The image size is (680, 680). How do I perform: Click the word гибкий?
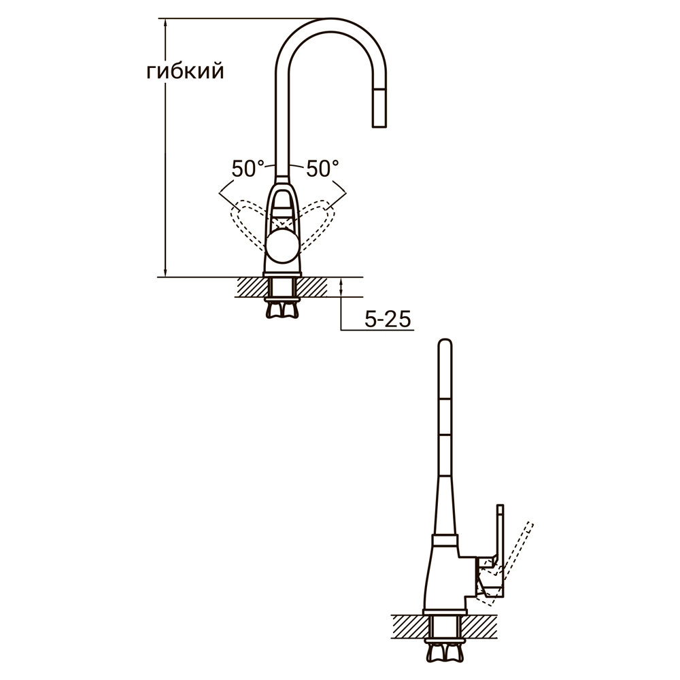(x=185, y=72)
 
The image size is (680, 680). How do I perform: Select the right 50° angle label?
(x=322, y=169)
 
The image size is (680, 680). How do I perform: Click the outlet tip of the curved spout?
(x=379, y=124)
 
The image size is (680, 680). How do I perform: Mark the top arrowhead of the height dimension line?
(x=165, y=24)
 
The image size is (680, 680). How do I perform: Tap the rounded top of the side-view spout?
(x=445, y=343)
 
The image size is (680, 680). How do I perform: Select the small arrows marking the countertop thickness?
(x=341, y=289)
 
